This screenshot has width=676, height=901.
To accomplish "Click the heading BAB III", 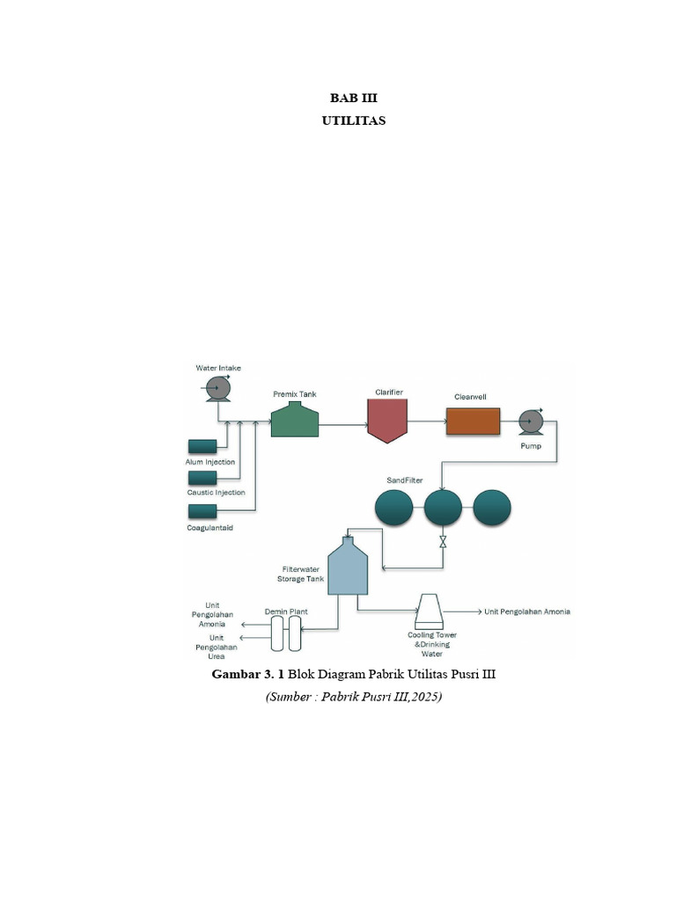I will [x=353, y=99].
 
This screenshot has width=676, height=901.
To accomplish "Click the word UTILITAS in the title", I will [x=353, y=121].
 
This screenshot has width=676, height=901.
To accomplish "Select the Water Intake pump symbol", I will [x=217, y=388].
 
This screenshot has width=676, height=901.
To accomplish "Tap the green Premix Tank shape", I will [x=294, y=420].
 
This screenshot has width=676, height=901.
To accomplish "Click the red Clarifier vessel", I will [x=387, y=421].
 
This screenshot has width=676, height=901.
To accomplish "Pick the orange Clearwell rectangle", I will [x=473, y=421].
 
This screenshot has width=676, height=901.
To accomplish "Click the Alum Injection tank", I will [x=202, y=446].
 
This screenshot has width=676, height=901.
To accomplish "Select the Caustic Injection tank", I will [x=202, y=477].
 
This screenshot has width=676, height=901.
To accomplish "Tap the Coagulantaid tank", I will [x=202, y=511].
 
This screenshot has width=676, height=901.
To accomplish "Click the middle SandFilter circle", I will [x=443, y=508].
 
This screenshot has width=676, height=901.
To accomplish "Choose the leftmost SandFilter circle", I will [x=393, y=508].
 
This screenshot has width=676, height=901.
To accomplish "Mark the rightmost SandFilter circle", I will [x=492, y=508].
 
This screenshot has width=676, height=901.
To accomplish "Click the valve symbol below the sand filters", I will [x=443, y=544].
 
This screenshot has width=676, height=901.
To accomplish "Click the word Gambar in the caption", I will [x=236, y=675].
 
